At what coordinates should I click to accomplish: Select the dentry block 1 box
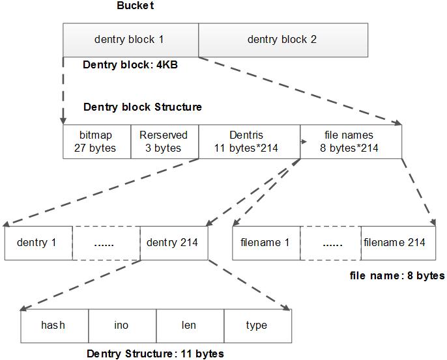[x=130, y=40]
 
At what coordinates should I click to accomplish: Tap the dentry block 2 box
[x=282, y=40]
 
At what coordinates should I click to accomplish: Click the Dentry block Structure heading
[x=143, y=107]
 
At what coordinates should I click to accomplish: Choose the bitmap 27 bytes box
[x=96, y=141]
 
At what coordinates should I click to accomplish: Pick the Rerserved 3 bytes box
[x=164, y=141]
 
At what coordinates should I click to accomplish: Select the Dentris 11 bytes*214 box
[x=249, y=141]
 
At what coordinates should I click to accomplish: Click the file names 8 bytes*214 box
[x=351, y=141]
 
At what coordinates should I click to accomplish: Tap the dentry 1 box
[x=38, y=243]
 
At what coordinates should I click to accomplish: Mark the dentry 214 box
[x=174, y=243]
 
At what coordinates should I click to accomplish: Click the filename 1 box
[x=265, y=243]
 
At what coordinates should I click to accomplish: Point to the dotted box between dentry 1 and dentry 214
[x=106, y=243]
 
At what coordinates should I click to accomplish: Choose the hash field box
[x=53, y=325]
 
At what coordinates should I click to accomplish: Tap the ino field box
[x=122, y=325]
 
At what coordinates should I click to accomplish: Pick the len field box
[x=190, y=325]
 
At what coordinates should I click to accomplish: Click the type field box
[x=257, y=325]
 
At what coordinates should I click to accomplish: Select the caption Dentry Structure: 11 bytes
[x=155, y=353]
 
